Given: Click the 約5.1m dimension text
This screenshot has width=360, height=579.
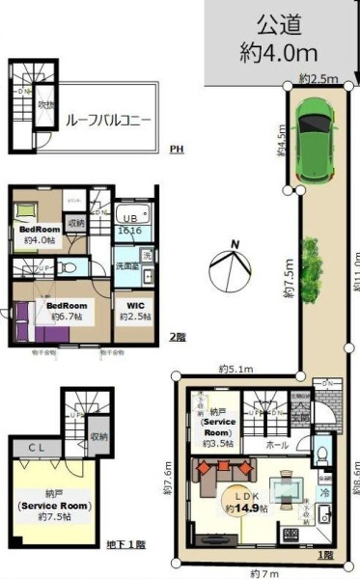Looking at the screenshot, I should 235,369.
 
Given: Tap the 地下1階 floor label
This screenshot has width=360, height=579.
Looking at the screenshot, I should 126,545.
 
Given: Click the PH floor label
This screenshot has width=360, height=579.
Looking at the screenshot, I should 176,150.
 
